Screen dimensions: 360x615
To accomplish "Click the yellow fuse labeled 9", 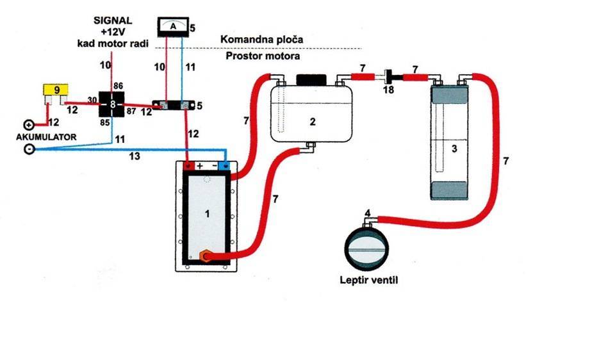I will (56, 90).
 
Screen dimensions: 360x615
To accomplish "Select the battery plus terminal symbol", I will (29, 125).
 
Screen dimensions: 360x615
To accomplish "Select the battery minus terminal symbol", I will (29, 149).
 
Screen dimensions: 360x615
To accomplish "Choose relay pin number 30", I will (92, 100).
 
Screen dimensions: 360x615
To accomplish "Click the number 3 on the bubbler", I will (454, 149).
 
